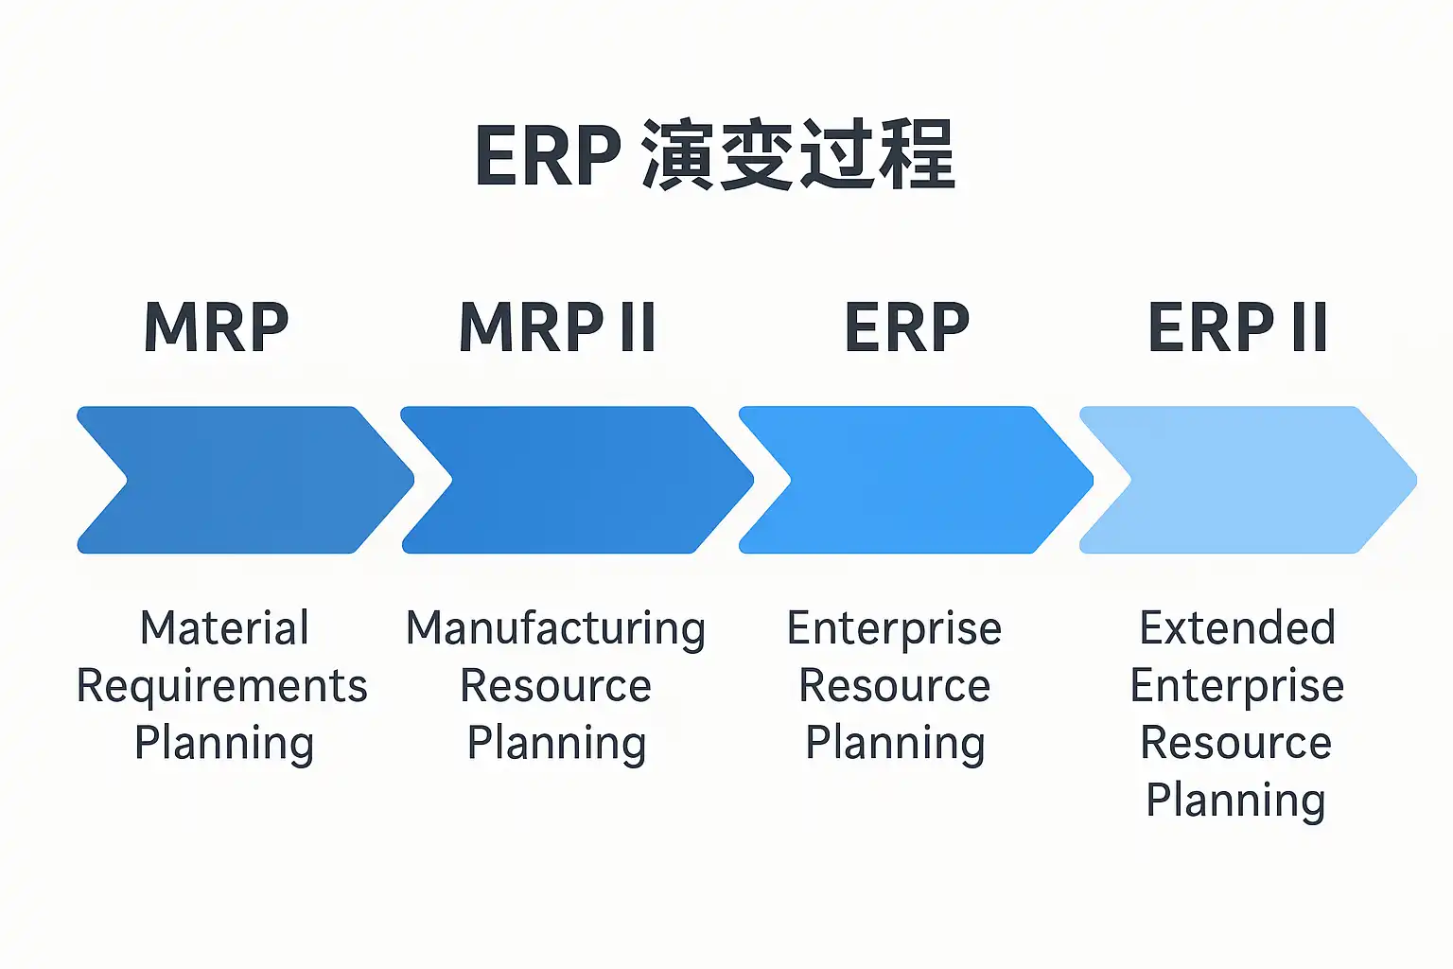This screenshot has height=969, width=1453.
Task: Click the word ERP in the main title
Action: (549, 156)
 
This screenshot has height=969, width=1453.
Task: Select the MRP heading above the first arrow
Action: (217, 327)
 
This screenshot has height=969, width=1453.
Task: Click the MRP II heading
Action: (557, 327)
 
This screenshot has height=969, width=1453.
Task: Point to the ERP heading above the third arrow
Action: (907, 327)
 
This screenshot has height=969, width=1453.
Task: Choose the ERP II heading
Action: (1237, 327)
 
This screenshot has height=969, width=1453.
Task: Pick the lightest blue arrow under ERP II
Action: (1249, 480)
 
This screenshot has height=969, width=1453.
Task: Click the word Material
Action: (224, 628)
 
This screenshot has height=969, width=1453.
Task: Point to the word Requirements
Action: (221, 686)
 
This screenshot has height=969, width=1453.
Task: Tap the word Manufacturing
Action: (555, 629)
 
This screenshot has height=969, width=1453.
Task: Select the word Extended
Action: (1237, 628)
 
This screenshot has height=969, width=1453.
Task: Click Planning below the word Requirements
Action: (224, 744)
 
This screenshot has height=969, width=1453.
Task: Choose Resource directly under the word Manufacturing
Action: (555, 686)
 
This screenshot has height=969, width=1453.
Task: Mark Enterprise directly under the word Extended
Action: (1237, 686)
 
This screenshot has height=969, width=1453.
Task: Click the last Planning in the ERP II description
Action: (1235, 801)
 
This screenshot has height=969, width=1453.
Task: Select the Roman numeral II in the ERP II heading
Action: (1308, 327)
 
